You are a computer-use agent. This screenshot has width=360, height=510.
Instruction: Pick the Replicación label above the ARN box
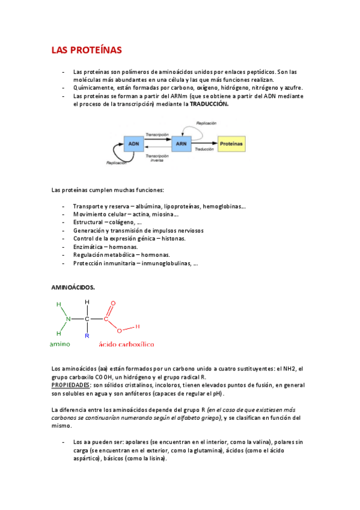click(x=206, y=123)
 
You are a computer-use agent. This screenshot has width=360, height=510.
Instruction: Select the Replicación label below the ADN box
click(x=117, y=162)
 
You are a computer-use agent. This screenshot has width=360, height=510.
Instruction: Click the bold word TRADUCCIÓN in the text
click(x=210, y=103)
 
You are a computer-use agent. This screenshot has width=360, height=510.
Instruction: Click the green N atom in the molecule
click(x=69, y=319)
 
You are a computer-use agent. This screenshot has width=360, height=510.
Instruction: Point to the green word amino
click(x=59, y=345)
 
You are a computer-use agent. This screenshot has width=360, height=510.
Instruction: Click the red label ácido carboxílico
click(x=126, y=345)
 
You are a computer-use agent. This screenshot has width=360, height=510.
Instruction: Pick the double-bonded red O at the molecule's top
click(x=113, y=304)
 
